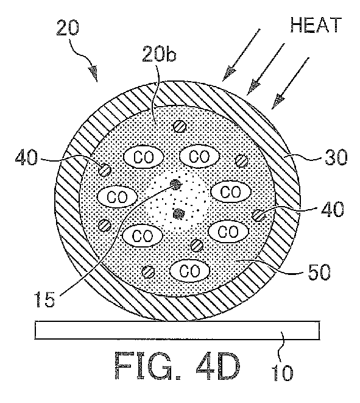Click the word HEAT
316,25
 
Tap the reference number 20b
160,54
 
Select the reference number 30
336,157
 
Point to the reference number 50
319,272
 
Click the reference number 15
46,299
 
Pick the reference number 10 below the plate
282,372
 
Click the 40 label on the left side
26,157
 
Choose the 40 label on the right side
332,209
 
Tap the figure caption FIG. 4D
177,366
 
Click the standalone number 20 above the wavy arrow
68,28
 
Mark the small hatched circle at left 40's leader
105,170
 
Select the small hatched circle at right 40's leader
258,215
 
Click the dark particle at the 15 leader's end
176,184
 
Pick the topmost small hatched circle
179,126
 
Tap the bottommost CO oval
190,271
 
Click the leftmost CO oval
117,197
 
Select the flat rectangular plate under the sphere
177,330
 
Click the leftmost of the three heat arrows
241,54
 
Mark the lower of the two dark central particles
179,213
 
